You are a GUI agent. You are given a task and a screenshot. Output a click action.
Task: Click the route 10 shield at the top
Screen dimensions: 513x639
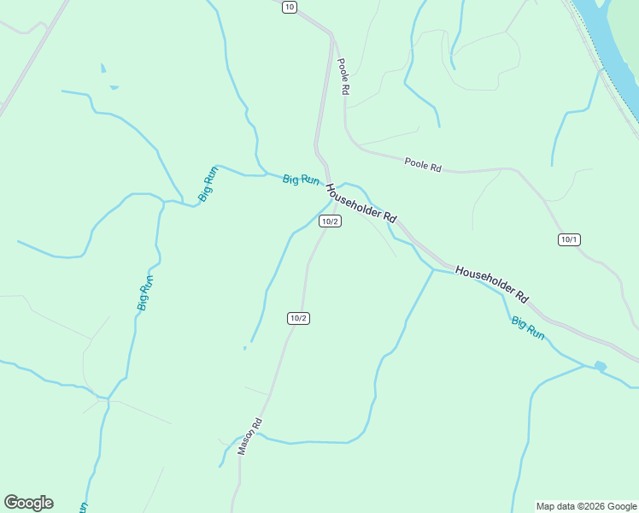pos(289,7)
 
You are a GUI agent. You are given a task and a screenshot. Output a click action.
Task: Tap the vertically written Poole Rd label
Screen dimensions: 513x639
pos(343,76)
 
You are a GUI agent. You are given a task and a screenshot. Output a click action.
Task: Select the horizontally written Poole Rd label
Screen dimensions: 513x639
pos(423,164)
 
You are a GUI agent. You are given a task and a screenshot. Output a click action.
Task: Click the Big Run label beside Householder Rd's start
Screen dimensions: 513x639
pos(301,180)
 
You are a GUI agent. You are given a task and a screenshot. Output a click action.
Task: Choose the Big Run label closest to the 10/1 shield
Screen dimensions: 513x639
pos(528,327)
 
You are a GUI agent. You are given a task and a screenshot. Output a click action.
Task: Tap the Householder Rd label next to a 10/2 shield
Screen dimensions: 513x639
pos(361,204)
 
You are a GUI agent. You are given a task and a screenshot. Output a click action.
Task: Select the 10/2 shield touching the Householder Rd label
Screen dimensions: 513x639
pos(330,221)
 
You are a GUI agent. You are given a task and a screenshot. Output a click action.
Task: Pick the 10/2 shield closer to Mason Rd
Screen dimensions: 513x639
pos(297,318)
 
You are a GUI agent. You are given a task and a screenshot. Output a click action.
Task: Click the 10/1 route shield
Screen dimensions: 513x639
pos(569,239)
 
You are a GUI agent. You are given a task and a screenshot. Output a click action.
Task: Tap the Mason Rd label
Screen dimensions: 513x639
pos(249,436)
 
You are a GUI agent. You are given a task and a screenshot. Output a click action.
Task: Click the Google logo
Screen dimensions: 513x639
pos(28,503)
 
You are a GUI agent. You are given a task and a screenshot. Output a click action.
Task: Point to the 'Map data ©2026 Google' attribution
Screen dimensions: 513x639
pos(586,506)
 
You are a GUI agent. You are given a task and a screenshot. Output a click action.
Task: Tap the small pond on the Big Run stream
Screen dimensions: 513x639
pos(600,366)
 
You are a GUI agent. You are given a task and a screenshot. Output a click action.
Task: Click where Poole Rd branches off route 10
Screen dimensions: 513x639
pos(331,35)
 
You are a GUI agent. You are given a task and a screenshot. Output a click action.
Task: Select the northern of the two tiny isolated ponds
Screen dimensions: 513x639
pos(103,68)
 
